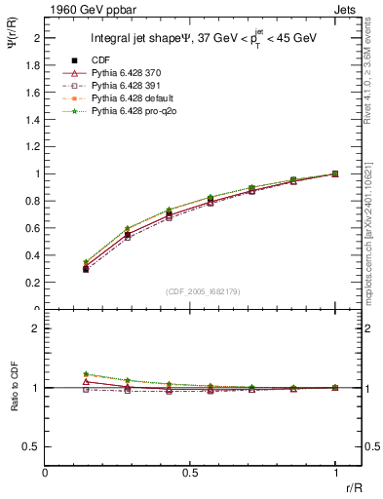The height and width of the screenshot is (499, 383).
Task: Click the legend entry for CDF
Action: click(100, 60)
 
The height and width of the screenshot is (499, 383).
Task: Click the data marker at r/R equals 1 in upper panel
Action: click(335, 173)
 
